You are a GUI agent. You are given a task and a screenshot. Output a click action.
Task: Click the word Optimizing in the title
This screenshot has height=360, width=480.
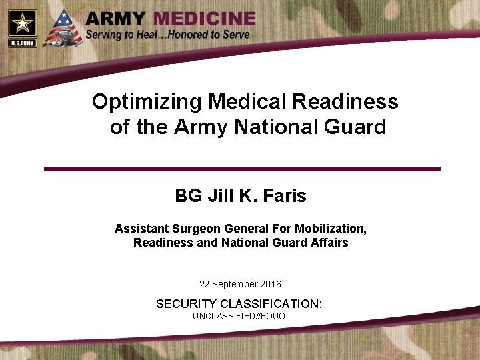[x=147, y=102]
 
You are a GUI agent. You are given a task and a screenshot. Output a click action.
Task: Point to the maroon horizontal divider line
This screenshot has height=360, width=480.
[x=242, y=169]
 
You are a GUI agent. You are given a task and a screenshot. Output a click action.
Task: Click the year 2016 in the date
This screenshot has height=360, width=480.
[x=269, y=285]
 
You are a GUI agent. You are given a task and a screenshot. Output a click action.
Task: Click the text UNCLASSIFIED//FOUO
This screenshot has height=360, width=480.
[x=239, y=316]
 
